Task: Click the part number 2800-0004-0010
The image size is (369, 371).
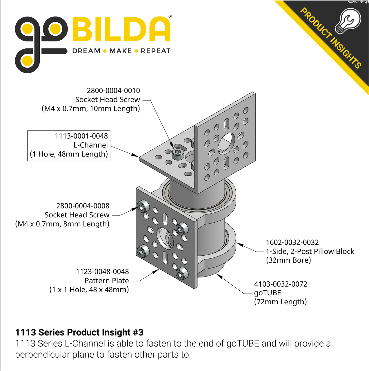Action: click(113, 90)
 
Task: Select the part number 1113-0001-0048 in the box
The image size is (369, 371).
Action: click(81, 136)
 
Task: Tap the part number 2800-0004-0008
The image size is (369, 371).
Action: click(83, 206)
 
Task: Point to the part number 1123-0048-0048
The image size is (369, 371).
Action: click(102, 272)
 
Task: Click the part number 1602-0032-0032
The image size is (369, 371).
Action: click(292, 242)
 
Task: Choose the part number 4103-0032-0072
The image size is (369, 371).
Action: click(281, 284)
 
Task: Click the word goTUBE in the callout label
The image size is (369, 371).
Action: click(268, 293)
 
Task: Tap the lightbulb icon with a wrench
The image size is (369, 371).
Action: click(348, 21)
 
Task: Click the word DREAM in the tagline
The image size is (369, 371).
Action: click(86, 51)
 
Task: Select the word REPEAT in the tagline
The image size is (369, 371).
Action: click(156, 51)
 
